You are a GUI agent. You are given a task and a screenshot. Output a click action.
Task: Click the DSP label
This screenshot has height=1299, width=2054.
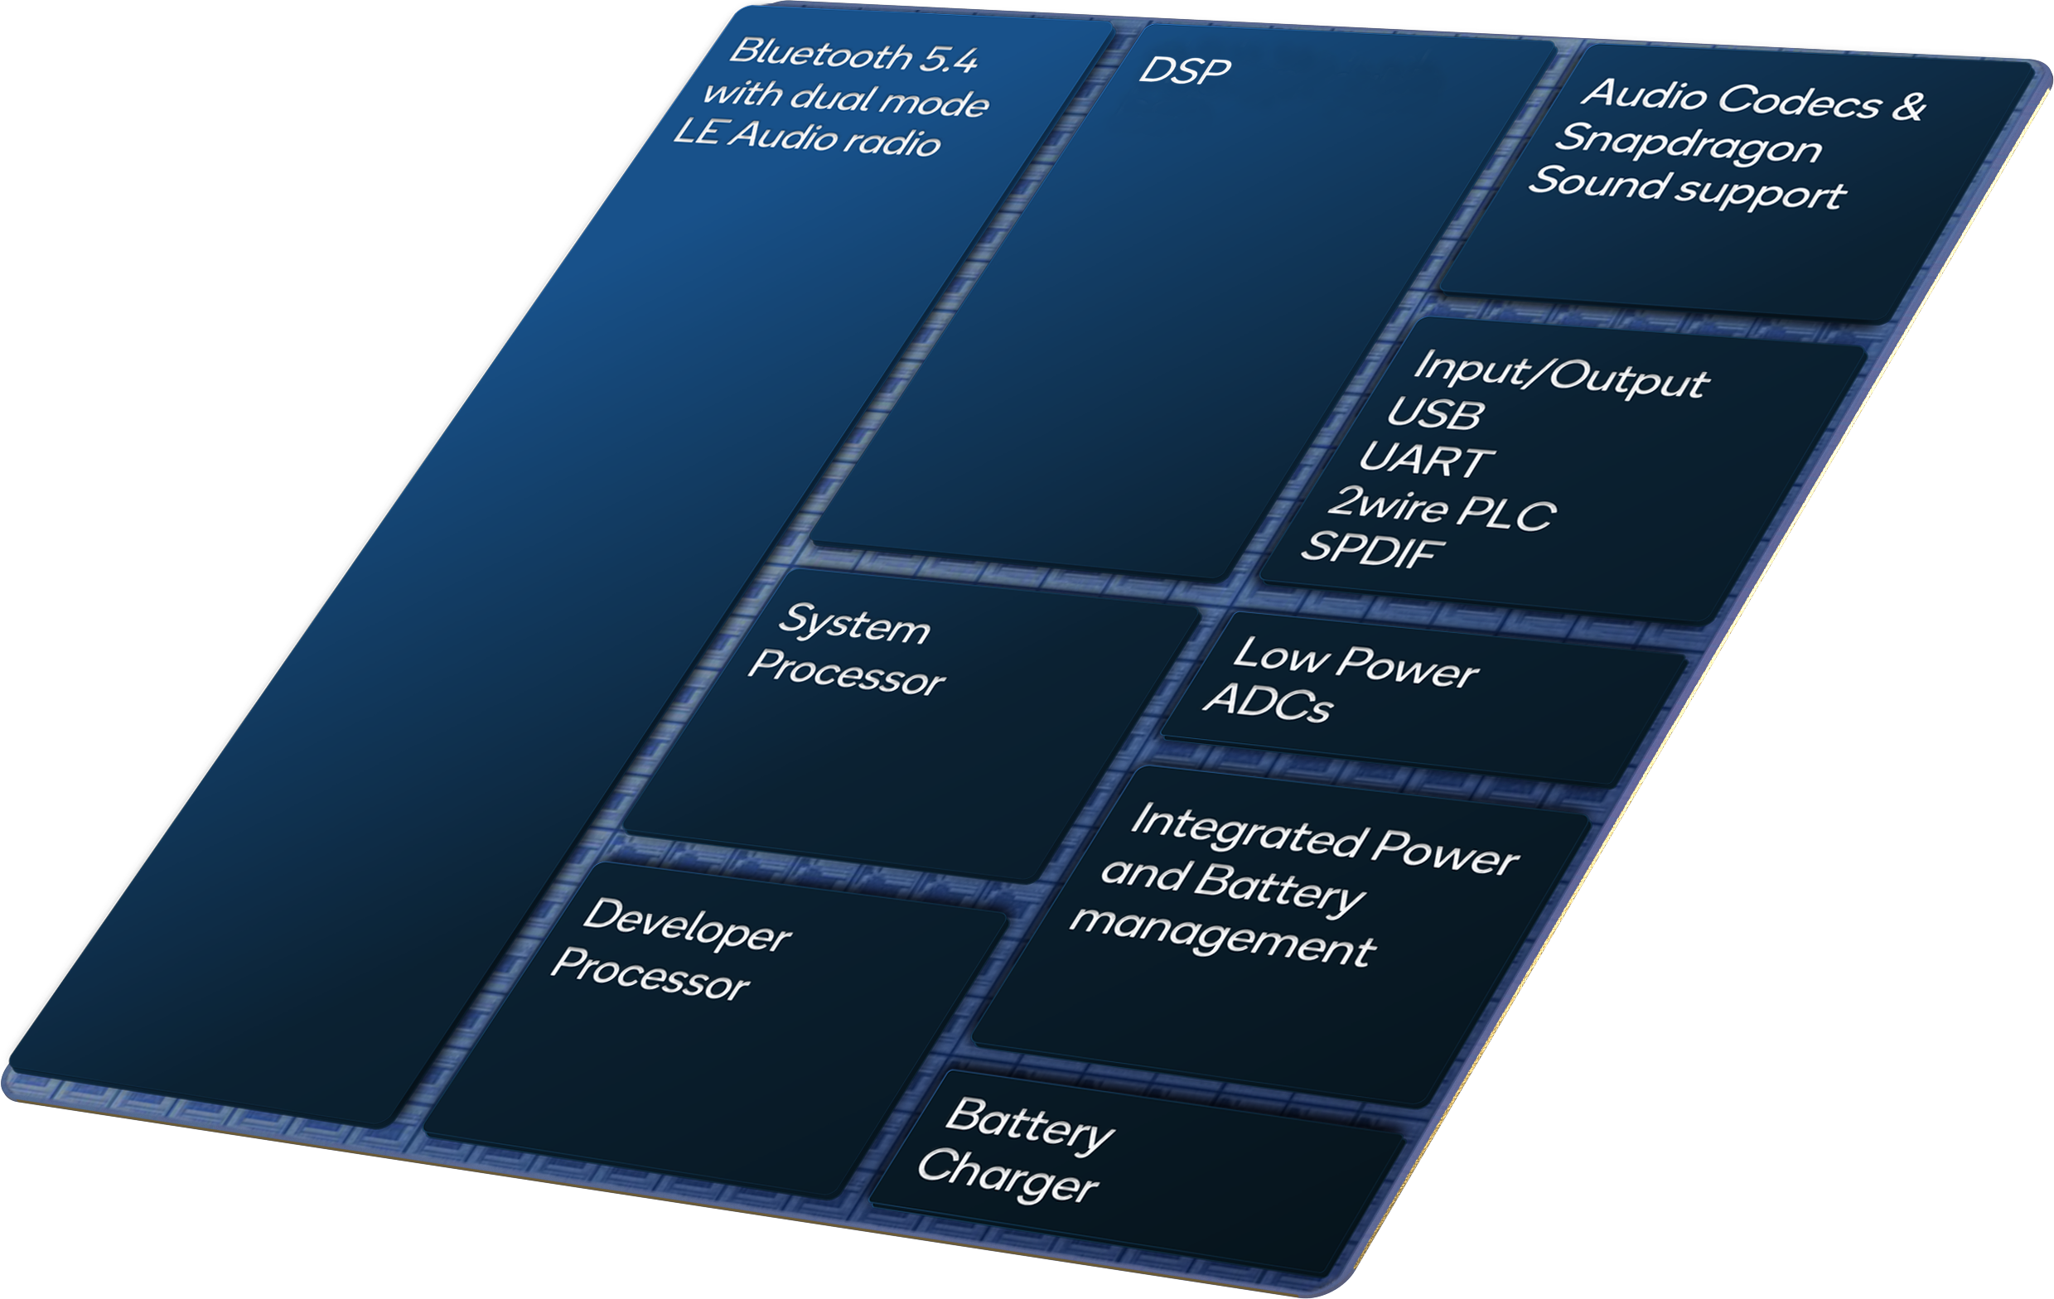1184,70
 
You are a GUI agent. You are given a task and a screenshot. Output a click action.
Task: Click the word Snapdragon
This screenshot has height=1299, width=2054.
1687,143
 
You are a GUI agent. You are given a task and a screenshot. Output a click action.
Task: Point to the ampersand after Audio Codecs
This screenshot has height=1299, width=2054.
1908,106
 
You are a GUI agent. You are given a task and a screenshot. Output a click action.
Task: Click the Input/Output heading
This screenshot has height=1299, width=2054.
1561,373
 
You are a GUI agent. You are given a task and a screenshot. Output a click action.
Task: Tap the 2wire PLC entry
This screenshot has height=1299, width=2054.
1443,509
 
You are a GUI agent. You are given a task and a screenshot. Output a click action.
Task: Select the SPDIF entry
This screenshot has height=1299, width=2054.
1370,550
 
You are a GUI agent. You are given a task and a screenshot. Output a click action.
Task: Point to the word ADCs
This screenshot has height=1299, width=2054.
1268,702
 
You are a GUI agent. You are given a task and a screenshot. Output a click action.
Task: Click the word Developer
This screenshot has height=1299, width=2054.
688,925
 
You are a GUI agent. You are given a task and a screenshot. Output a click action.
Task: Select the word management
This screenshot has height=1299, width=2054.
1222,935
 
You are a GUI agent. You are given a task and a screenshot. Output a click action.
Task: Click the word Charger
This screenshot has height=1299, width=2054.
1008,1176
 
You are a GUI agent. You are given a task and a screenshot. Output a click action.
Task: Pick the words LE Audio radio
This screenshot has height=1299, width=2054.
807,137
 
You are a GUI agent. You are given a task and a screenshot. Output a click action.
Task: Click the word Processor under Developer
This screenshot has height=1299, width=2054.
650,974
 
